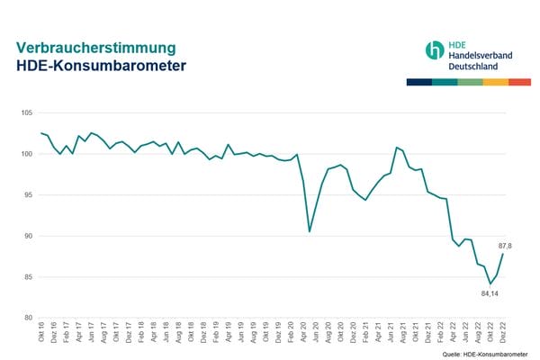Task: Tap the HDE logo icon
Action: pyautogui.click(x=435, y=50)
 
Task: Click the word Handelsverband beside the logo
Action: pyautogui.click(x=481, y=56)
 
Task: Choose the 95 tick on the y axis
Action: pyautogui.click(x=28, y=195)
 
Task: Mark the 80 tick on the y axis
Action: pyautogui.click(x=28, y=318)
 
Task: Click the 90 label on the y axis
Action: pyautogui.click(x=28, y=236)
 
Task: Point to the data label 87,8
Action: pyautogui.click(x=505, y=246)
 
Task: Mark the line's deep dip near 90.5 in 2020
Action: pyautogui.click(x=310, y=231)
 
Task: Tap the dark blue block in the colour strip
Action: pyautogui.click(x=418, y=82)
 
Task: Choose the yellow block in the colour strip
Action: pyautogui.click(x=495, y=82)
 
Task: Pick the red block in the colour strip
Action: pyautogui.click(x=520, y=82)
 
